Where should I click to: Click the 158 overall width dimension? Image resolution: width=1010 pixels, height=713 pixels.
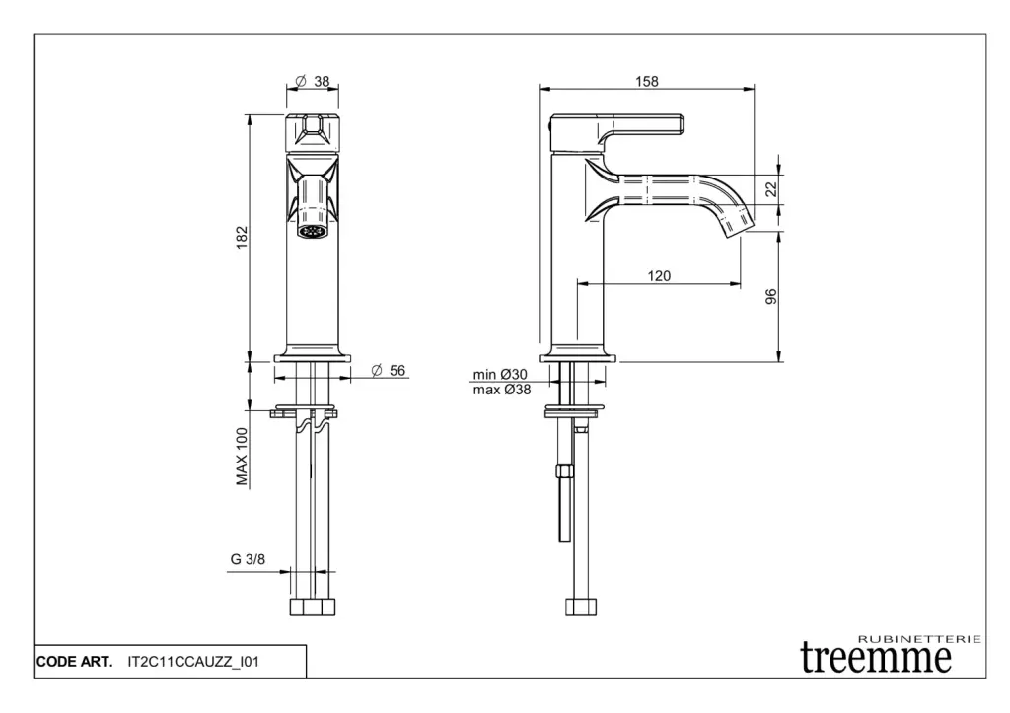(647, 81)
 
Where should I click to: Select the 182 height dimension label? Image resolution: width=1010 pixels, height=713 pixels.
(242, 237)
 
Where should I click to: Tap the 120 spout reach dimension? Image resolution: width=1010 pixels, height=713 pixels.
(659, 276)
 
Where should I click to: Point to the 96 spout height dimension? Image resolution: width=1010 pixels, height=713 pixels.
(771, 296)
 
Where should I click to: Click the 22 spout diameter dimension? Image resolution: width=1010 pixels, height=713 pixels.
(771, 189)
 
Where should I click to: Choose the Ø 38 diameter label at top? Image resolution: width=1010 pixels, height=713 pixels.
(313, 81)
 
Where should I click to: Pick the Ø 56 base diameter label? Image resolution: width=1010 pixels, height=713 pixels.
(389, 371)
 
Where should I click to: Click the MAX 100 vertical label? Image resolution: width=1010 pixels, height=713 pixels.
(242, 457)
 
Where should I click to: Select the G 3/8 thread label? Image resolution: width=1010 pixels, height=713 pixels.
(248, 559)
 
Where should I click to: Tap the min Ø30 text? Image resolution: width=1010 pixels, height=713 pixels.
(500, 374)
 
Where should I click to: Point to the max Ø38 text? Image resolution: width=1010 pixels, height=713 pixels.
(502, 390)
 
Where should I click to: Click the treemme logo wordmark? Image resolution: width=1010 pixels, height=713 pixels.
(876, 657)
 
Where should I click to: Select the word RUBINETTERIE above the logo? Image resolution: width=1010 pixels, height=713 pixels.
(920, 639)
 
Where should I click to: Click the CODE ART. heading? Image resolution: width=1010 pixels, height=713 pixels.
(74, 662)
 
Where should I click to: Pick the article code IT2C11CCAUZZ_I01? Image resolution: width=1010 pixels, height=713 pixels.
(193, 662)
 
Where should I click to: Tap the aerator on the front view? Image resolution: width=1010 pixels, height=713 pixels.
(313, 231)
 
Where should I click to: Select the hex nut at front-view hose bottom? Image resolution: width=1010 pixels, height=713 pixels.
(313, 606)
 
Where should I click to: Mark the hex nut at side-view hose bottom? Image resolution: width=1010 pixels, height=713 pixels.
(581, 606)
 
